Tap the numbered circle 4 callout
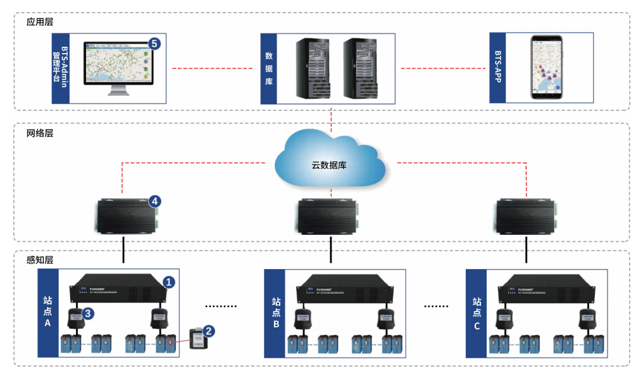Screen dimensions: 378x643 click(x=154, y=201)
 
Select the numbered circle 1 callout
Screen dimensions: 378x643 click(x=168, y=282)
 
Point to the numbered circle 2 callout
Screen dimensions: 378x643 click(x=209, y=330)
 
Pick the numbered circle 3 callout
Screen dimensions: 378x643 click(x=89, y=313)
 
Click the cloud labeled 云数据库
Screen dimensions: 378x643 click(x=329, y=158)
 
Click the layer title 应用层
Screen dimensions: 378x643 click(x=39, y=22)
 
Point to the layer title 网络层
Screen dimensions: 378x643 click(x=39, y=134)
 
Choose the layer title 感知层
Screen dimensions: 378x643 click(x=39, y=260)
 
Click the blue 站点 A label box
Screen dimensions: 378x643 click(x=47, y=313)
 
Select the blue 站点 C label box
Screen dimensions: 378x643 click(x=477, y=313)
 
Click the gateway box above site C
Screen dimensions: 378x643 click(x=526, y=217)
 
